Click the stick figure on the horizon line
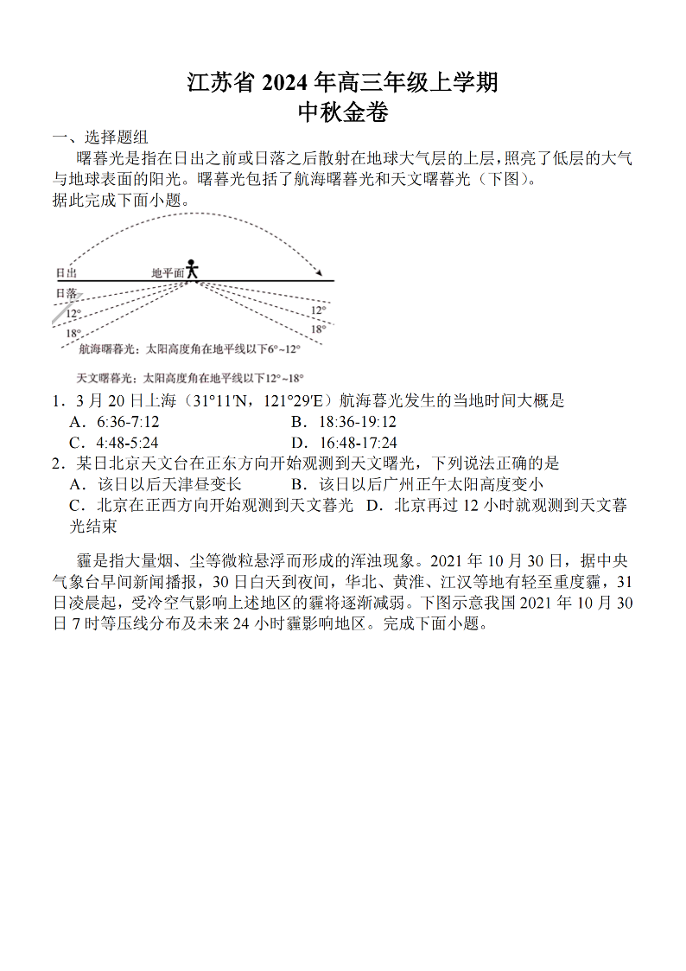tap(192, 269)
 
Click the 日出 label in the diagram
tap(67, 272)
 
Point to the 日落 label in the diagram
tap(67, 294)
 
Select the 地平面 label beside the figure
tap(168, 272)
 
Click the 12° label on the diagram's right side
tap(318, 310)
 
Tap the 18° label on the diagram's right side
tap(318, 329)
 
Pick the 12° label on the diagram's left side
tap(73, 314)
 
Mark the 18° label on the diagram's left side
tap(73, 333)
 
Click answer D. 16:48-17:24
tap(344, 443)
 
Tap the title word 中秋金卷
tap(343, 112)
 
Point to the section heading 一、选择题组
tap(100, 137)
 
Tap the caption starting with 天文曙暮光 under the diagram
tap(189, 378)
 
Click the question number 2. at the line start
tap(58, 463)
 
